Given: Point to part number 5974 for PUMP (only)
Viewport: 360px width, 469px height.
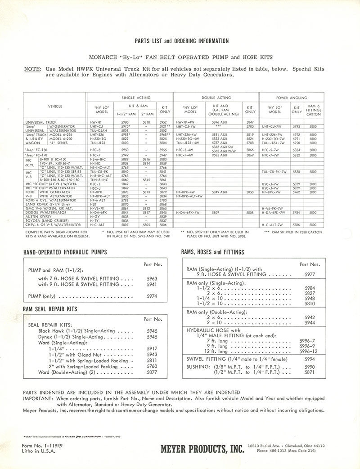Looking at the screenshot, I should point(152,297).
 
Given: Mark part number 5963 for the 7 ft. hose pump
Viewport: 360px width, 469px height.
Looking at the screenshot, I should point(152,279).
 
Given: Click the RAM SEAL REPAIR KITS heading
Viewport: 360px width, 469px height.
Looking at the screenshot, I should point(50,309).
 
